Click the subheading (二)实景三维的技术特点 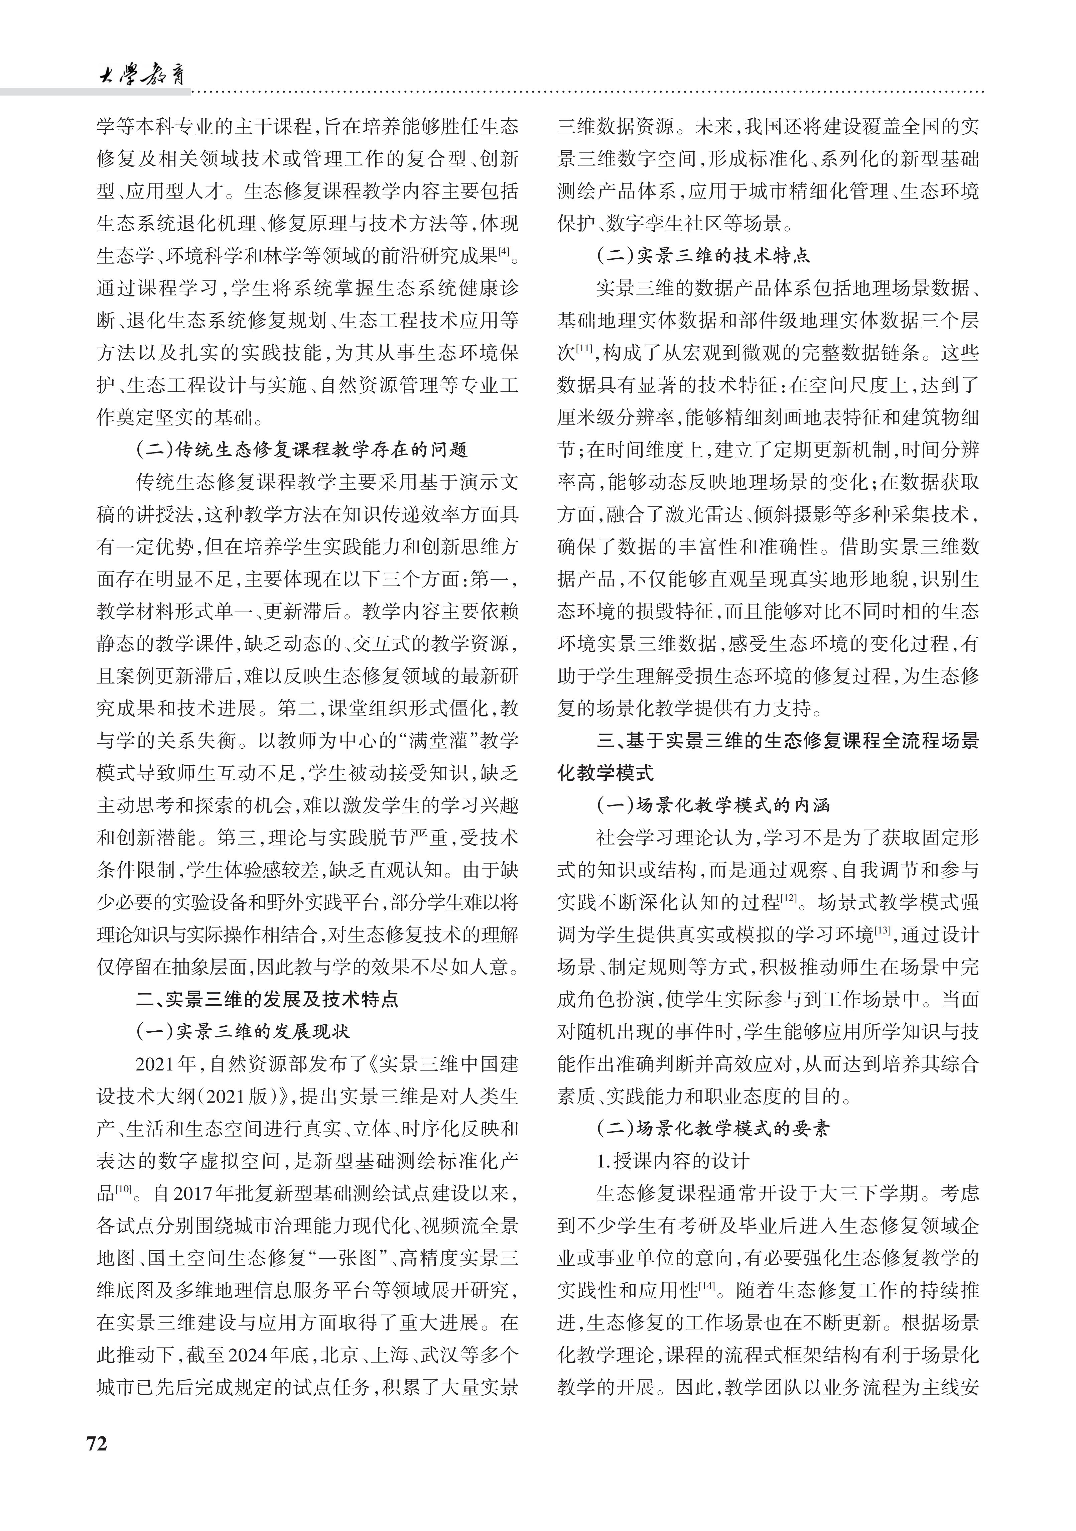point(703,255)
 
